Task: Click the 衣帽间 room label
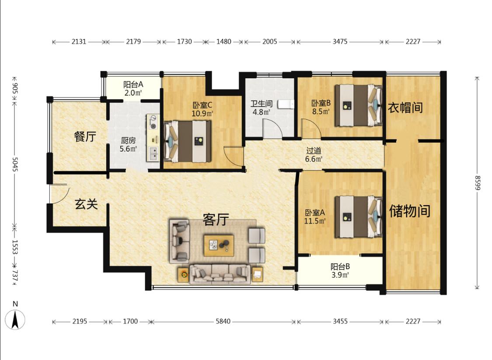point(405,108)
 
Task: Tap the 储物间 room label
point(409,210)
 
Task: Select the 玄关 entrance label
point(86,204)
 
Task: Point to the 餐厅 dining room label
point(85,136)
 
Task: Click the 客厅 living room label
point(216,220)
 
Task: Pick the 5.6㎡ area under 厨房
point(128,149)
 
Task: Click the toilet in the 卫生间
point(286,104)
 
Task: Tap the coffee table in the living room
point(218,245)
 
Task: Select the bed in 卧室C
point(187,141)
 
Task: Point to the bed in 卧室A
point(358,217)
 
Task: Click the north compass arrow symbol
point(15,319)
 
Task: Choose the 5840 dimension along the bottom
point(223,322)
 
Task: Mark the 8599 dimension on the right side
point(477,183)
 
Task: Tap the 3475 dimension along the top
point(340,42)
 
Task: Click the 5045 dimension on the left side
point(15,164)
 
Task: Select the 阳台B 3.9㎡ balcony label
point(340,271)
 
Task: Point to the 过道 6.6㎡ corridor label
point(314,155)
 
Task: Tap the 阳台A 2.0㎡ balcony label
point(133,88)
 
